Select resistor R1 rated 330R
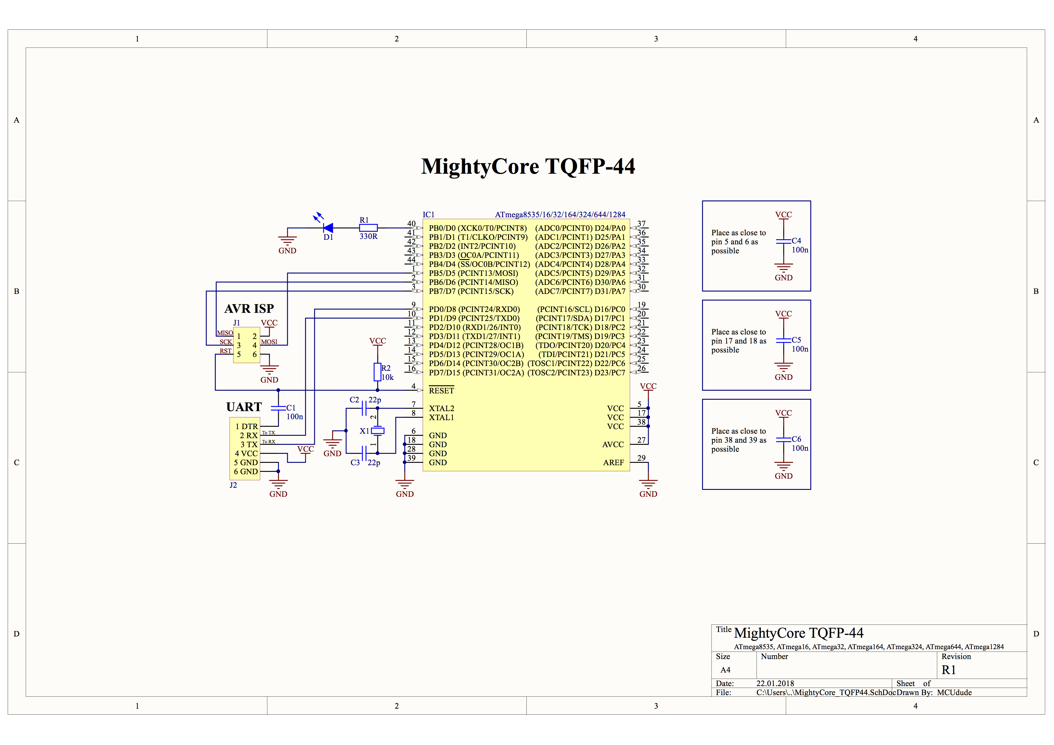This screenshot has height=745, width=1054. [x=368, y=228]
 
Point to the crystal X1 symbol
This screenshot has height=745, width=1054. [x=377, y=431]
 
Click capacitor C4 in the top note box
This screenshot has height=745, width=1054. [x=783, y=240]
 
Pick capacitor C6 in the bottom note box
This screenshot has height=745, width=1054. [x=783, y=439]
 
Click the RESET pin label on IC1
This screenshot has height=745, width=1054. [x=441, y=391]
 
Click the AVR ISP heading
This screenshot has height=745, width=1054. [x=249, y=308]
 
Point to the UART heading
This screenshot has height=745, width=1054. [x=244, y=407]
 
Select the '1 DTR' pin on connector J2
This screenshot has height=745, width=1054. [x=246, y=426]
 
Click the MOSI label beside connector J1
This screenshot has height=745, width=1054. [x=269, y=342]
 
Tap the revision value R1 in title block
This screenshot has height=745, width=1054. [x=949, y=670]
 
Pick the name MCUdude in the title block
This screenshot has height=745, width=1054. [x=954, y=693]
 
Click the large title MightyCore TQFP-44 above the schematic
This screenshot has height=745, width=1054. [x=528, y=166]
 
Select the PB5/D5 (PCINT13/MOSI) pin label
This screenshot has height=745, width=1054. [x=473, y=273]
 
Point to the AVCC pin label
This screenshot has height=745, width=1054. [x=613, y=445]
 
